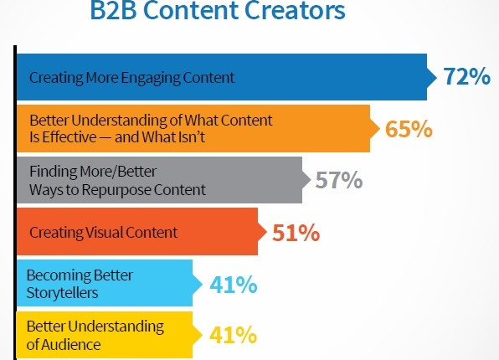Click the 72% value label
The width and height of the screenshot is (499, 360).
467,76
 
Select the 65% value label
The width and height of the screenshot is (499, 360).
409,129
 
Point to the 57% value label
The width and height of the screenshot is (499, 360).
338,180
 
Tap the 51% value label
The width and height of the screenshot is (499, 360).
296,233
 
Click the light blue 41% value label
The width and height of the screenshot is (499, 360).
234,285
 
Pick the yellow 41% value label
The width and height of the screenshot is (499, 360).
233,335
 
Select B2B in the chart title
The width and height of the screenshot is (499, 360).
114,10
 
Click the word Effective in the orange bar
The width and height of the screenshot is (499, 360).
69,137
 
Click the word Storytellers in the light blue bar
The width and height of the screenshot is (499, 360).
62,293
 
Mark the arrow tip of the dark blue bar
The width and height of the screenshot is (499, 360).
436,77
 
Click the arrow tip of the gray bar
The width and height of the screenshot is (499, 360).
311,180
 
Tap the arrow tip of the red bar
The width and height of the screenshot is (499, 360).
266,232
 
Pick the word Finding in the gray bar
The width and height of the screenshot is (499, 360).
53,172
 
